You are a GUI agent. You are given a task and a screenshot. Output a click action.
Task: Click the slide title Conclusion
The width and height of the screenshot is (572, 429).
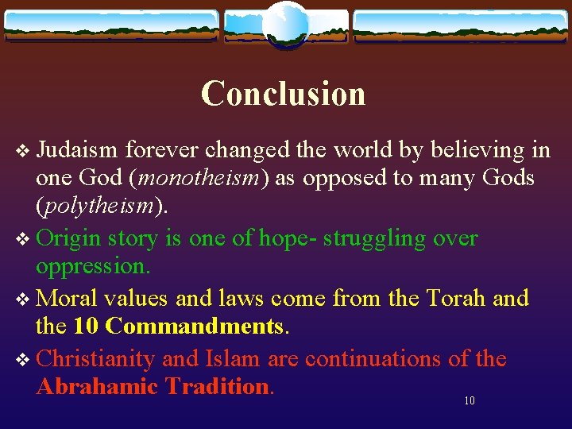[283, 94]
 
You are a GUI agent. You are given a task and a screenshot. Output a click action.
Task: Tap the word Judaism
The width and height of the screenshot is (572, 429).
[77, 150]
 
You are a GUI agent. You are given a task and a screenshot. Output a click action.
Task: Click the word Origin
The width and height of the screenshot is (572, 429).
[69, 238]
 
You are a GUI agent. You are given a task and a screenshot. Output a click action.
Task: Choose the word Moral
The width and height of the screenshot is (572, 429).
[67, 298]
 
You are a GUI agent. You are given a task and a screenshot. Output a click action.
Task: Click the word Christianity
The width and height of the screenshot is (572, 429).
[95, 358]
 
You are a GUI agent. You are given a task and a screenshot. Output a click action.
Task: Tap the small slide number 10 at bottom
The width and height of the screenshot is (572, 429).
[469, 400]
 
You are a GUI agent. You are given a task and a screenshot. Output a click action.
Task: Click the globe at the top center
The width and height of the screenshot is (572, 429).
[285, 24]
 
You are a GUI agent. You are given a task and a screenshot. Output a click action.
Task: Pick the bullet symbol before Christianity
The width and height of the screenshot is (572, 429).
[22, 359]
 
